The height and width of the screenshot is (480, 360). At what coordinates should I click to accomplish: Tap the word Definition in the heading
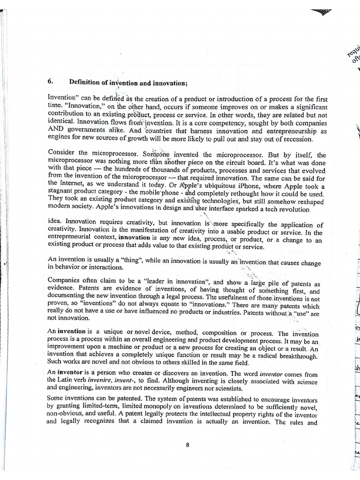click(x=84, y=82)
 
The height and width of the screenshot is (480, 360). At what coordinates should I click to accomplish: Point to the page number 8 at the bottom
click(x=187, y=445)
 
